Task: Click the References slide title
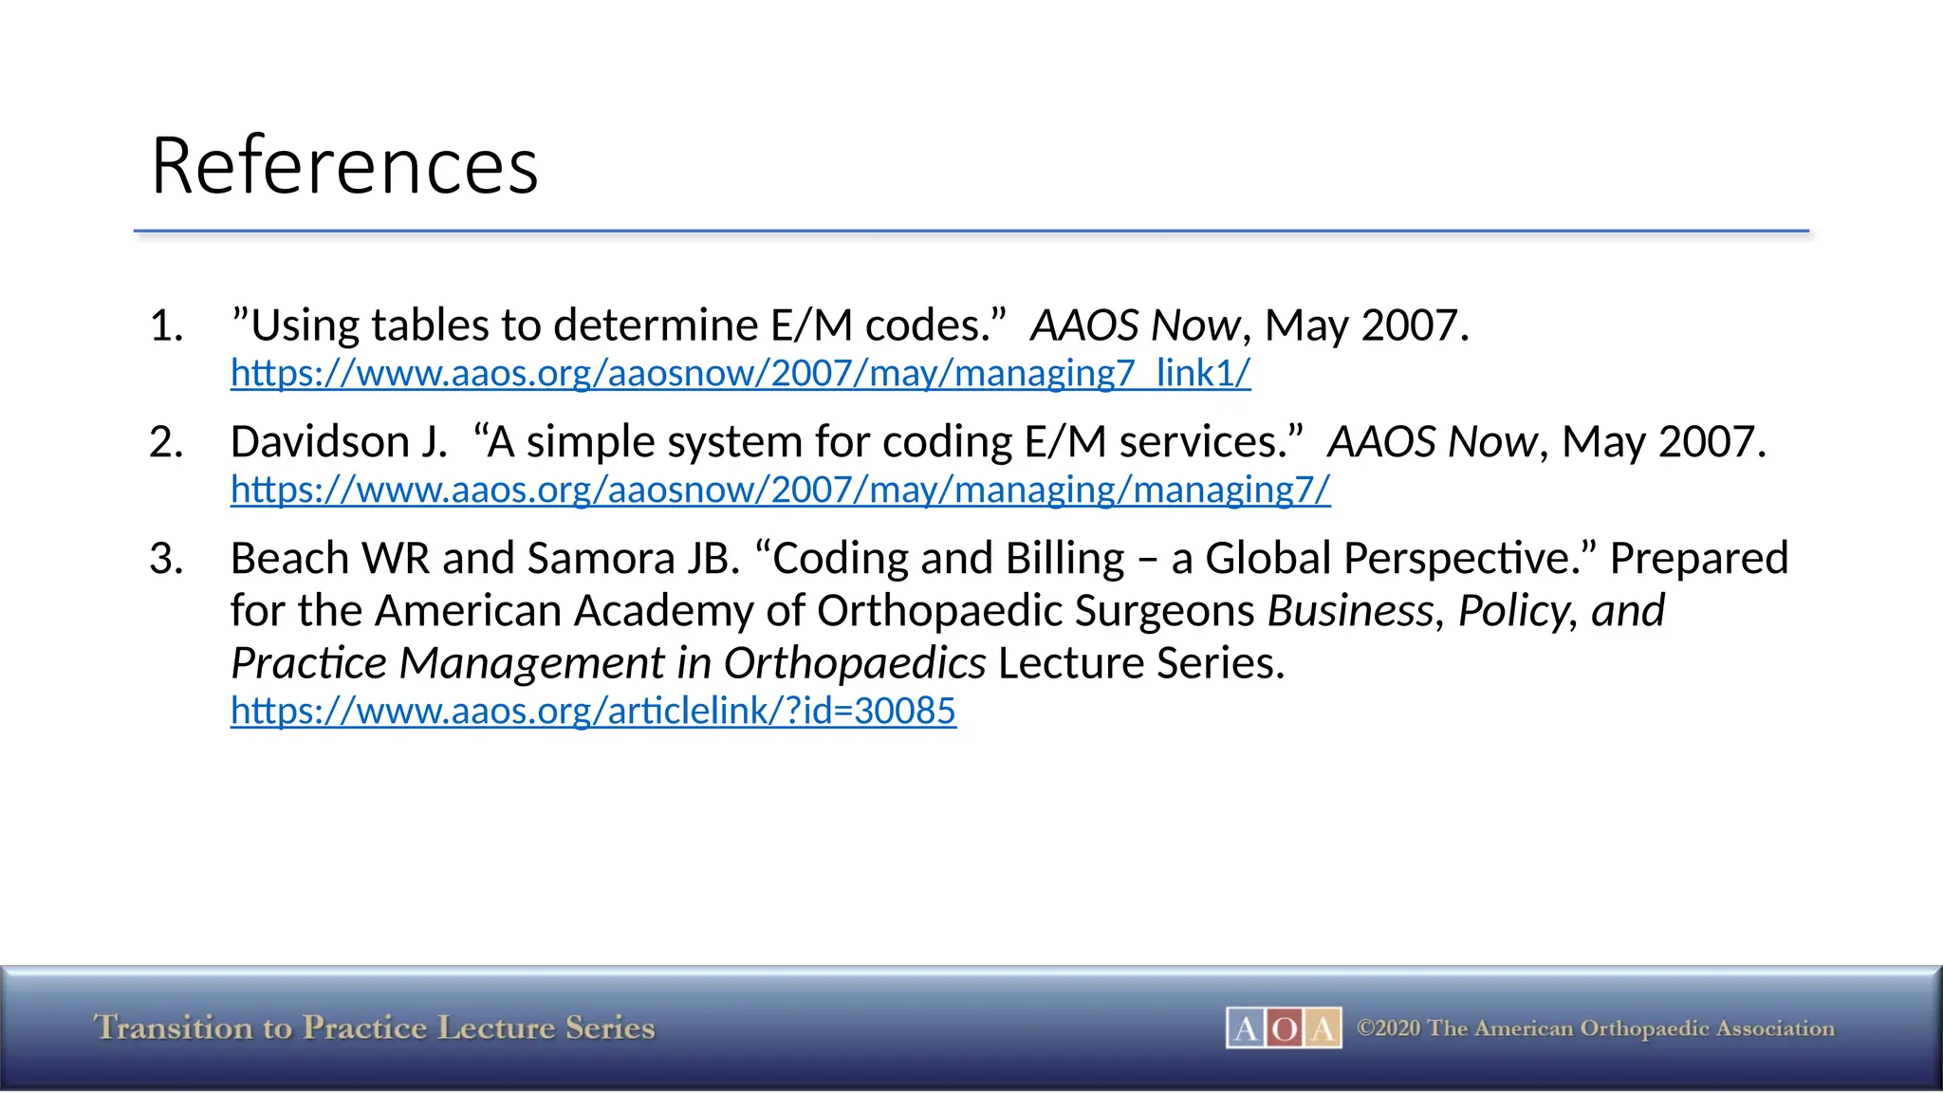[x=344, y=166]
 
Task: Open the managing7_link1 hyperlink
[x=740, y=373]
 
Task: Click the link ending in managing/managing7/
[x=780, y=490]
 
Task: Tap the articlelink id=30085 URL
[x=593, y=711]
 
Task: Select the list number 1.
[x=166, y=326]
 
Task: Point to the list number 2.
[x=166, y=443]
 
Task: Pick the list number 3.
[x=166, y=559]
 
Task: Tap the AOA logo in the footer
[x=1284, y=1028]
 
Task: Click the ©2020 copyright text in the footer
[x=1595, y=1028]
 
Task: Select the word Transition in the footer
[x=174, y=1028]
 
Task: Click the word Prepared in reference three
[x=1698, y=559]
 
